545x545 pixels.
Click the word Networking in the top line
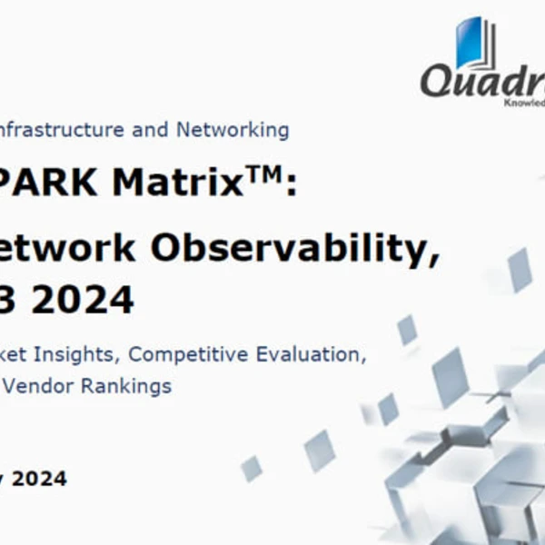tap(233, 130)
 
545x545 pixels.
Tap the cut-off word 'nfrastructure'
tap(63, 130)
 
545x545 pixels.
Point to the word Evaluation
tap(316, 354)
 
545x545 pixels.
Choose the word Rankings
tap(126, 385)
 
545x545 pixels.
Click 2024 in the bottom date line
tap(38, 478)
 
